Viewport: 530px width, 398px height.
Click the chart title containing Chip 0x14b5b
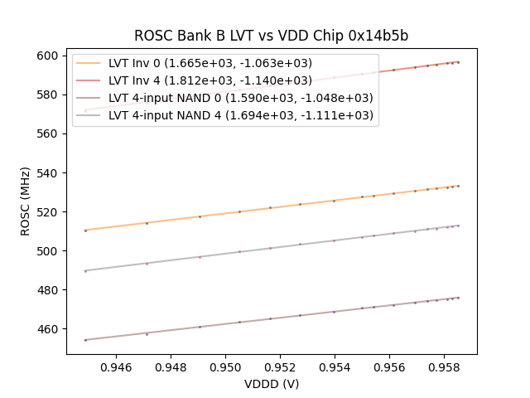pos(271,36)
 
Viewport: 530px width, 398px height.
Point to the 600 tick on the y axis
pos(47,56)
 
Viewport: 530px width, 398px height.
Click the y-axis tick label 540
pos(47,172)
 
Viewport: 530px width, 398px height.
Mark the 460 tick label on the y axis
pos(47,329)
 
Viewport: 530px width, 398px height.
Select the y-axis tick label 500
pos(47,251)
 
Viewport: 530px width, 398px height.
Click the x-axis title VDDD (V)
pos(271,383)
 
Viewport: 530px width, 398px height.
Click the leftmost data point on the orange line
pos(85,230)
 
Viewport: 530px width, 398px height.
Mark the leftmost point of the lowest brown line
pos(85,339)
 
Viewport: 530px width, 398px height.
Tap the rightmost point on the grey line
pos(458,226)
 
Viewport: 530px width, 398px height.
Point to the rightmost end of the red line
pos(458,61)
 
